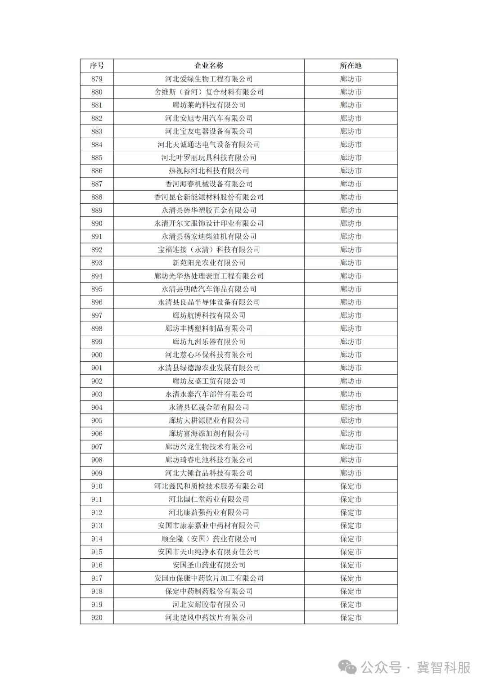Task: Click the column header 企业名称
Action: click(209, 66)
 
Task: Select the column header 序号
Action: click(97, 66)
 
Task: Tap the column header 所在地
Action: click(351, 66)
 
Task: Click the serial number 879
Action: click(97, 79)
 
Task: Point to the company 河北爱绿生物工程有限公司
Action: click(209, 79)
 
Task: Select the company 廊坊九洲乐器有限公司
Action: click(209, 341)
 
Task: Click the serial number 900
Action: click(97, 355)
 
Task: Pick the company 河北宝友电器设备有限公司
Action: click(209, 131)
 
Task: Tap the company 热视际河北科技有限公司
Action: click(209, 171)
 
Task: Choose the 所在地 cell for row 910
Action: click(351, 486)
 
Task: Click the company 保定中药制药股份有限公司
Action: click(209, 591)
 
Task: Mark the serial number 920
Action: click(97, 617)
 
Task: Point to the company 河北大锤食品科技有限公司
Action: click(209, 473)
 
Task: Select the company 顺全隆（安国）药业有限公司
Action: click(209, 539)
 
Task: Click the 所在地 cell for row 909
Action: click(351, 473)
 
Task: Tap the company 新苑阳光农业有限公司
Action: click(209, 263)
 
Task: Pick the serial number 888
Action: click(97, 197)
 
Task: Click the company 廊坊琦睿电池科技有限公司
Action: click(209, 460)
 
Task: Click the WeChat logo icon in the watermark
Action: click(348, 667)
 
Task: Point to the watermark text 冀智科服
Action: click(443, 667)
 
